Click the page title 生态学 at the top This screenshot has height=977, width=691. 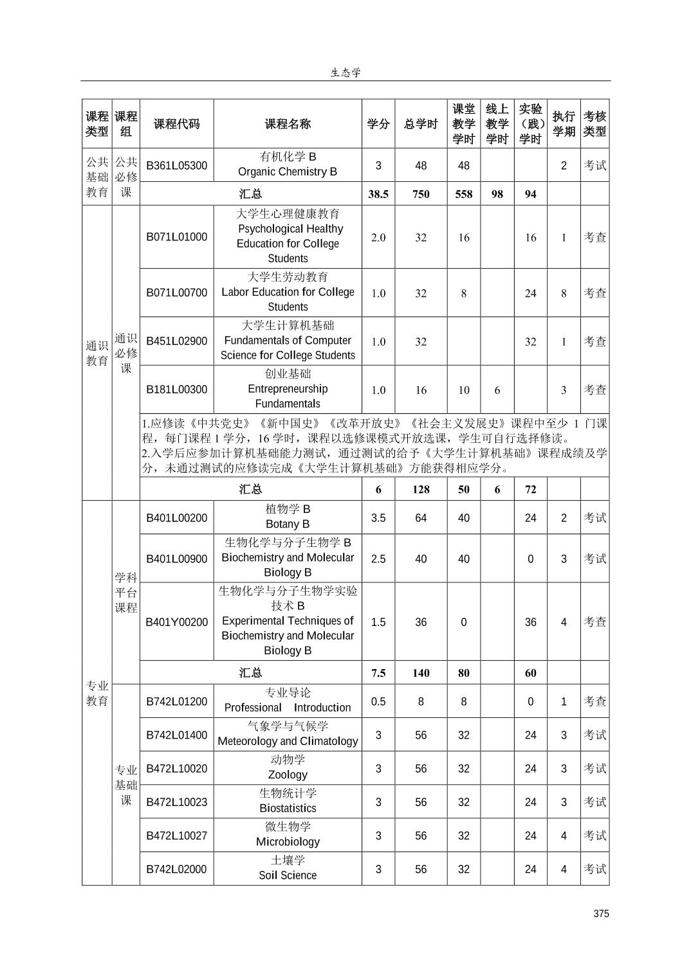pyautogui.click(x=345, y=73)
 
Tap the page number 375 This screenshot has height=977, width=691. pyautogui.click(x=601, y=913)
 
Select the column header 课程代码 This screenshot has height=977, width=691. pyautogui.click(x=176, y=124)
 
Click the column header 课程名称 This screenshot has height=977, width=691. pyautogui.click(x=288, y=124)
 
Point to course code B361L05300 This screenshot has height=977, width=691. pyautogui.click(x=176, y=165)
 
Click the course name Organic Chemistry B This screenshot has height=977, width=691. pyautogui.click(x=288, y=172)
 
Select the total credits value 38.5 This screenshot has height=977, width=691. pyautogui.click(x=378, y=194)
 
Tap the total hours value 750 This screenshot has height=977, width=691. pyautogui.click(x=421, y=194)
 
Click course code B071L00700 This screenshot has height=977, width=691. pyautogui.click(x=176, y=292)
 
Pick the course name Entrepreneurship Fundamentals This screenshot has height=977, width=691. pyautogui.click(x=288, y=396)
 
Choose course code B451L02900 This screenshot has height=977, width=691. pyautogui.click(x=176, y=341)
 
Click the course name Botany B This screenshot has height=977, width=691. pyautogui.click(x=288, y=524)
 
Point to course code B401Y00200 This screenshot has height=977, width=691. pyautogui.click(x=176, y=622)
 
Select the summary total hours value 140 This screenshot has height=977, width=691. pyautogui.click(x=421, y=673)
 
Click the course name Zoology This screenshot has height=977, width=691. pyautogui.click(x=288, y=775)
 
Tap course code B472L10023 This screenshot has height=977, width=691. pyautogui.click(x=176, y=802)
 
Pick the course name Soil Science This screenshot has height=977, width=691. pyautogui.click(x=288, y=875)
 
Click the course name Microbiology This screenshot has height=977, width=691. pyautogui.click(x=288, y=841)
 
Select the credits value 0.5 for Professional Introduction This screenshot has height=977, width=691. pyautogui.click(x=378, y=701)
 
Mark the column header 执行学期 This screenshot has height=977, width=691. pyautogui.click(x=564, y=124)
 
